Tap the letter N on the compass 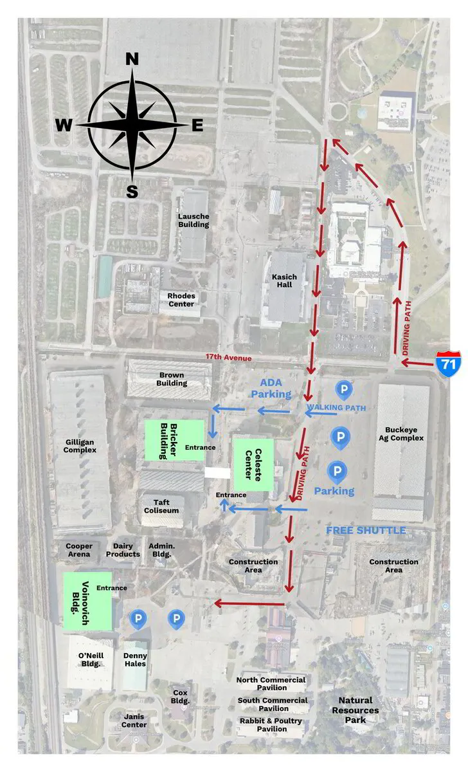(x=132, y=59)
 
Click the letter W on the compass (x=63, y=125)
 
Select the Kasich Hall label (x=284, y=280)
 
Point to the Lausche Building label (x=194, y=220)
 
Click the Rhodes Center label (x=181, y=300)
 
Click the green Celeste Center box (x=253, y=464)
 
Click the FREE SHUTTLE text (x=366, y=530)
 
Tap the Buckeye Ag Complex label (x=404, y=433)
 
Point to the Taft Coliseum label (x=161, y=506)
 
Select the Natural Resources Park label (x=355, y=710)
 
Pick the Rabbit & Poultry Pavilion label (x=272, y=725)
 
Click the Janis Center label (x=135, y=721)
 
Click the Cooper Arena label (x=79, y=550)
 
